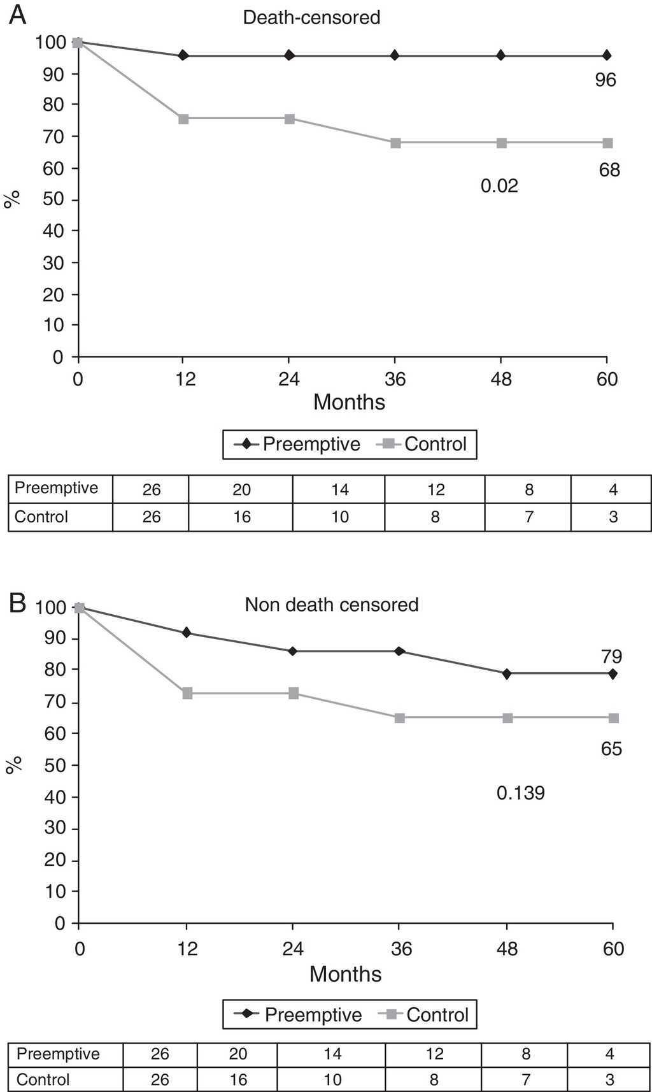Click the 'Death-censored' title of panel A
point(311,17)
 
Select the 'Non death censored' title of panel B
point(331,604)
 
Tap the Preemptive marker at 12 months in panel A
point(183,55)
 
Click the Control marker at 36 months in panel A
point(395,143)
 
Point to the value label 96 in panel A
point(605,80)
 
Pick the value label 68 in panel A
point(609,170)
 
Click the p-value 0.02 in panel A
point(499,186)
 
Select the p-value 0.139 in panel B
point(520,793)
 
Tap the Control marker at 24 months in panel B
point(293,693)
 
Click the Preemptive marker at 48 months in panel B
point(507,673)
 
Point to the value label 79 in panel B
point(611,656)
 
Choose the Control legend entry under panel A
point(423,444)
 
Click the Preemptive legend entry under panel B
point(299,1015)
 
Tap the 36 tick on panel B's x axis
point(400,949)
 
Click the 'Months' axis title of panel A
point(349,402)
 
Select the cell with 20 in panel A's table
point(241,489)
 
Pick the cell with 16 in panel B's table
point(237,1080)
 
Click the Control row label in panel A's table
point(41,516)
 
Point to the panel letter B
point(17,603)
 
